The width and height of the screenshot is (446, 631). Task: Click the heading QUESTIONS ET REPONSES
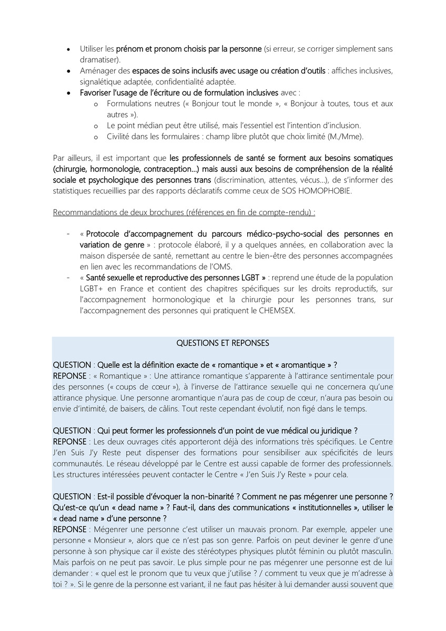(x=222, y=343)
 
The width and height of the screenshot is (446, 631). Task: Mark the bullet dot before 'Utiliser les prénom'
(x=68, y=49)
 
